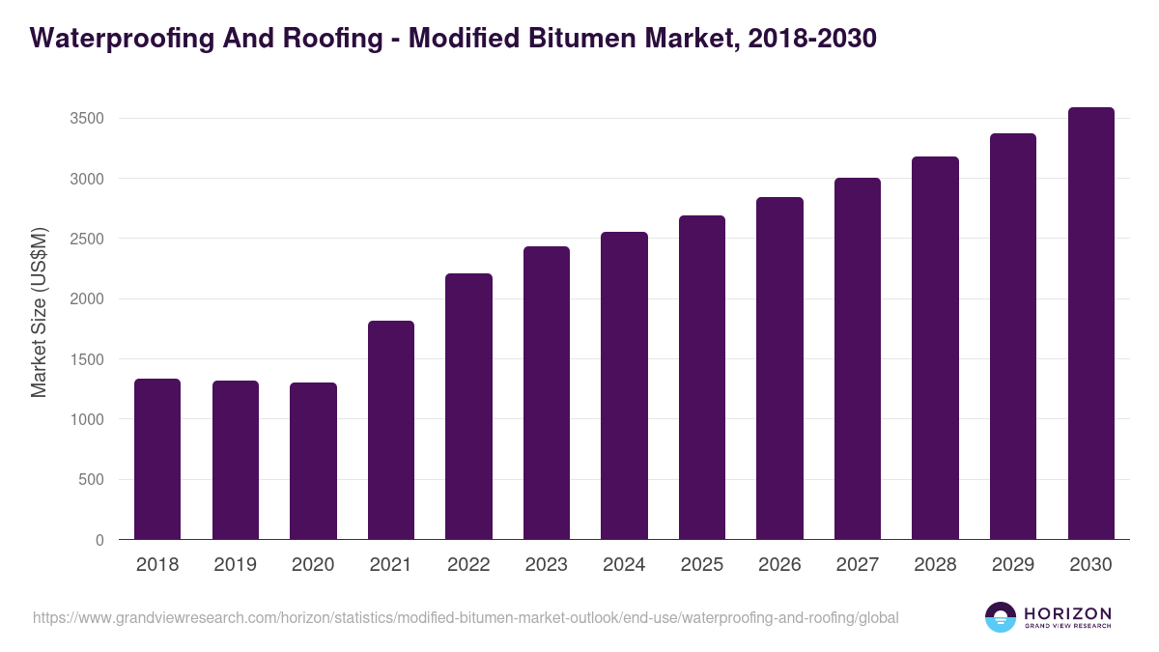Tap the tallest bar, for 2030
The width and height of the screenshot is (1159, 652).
tap(1091, 324)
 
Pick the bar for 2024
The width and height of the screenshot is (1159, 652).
tap(624, 386)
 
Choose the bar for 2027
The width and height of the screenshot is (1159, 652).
tap(858, 358)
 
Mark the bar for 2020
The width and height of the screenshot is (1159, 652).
tap(313, 461)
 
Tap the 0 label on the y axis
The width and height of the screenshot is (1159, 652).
tap(99, 540)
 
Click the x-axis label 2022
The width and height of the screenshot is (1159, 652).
tap(468, 565)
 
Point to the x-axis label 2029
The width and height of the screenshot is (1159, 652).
tap(1013, 565)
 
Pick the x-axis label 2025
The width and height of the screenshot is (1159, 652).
tap(702, 565)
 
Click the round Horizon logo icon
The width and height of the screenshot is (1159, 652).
tap(1001, 617)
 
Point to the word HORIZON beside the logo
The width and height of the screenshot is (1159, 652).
tap(1066, 612)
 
